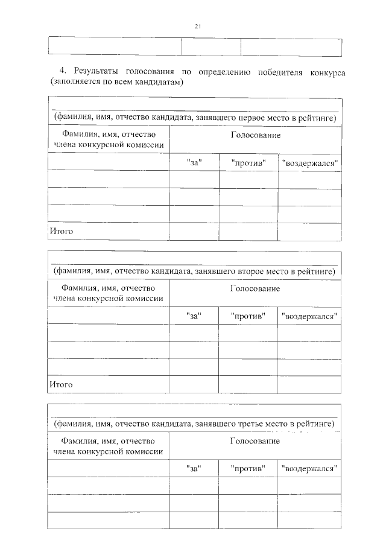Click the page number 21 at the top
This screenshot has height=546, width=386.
pos(197,26)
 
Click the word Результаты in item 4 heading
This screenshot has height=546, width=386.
pos(96,72)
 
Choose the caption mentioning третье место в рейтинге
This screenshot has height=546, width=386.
pos(194,425)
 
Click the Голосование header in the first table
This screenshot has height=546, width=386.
pos(255,135)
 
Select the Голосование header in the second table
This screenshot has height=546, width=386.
pos(255,289)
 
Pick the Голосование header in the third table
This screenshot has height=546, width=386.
pos(255,442)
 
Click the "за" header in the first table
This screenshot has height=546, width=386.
pos(194,162)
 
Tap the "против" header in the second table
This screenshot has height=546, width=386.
pos(248,316)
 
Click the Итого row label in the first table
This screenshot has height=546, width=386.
pos(61,230)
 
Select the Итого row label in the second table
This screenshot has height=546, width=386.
pos(61,384)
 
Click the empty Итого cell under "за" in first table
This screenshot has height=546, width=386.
pos(194,230)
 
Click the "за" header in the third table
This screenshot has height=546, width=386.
pos(194,468)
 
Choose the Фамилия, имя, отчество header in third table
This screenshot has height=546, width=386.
pos(109,446)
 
